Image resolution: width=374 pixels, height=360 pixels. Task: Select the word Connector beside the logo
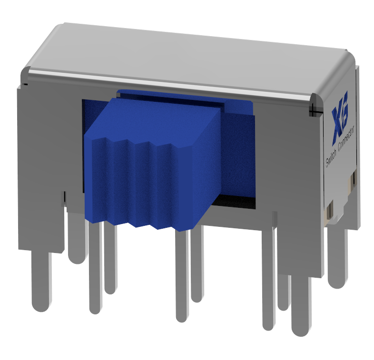point(346,138)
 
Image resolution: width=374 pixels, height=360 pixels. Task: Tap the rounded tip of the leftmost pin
point(41,304)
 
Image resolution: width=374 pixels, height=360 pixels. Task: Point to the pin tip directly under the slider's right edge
point(181,316)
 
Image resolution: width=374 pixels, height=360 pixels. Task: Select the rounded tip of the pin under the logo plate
point(337,282)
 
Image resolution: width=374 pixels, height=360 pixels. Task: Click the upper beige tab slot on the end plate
point(353,179)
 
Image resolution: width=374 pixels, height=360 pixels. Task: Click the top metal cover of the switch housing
point(190,57)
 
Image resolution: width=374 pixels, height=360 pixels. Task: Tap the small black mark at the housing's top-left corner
point(25,83)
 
